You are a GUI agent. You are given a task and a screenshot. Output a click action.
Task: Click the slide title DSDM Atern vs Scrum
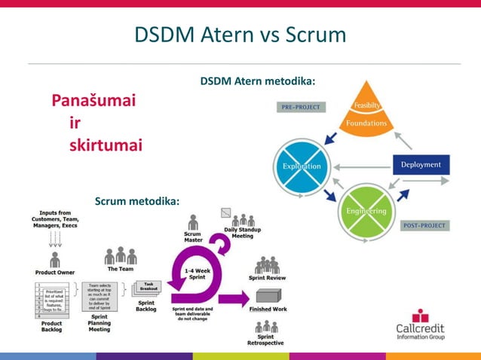(240, 35)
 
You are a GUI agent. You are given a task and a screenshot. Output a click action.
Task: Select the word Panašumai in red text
(93, 101)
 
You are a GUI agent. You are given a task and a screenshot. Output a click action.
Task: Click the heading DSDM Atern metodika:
(257, 81)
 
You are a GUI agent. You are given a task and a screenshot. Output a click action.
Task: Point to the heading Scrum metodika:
(137, 201)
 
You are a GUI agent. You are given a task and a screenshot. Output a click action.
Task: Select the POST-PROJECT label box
(424, 225)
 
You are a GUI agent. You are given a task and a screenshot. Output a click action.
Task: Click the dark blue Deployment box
(421, 165)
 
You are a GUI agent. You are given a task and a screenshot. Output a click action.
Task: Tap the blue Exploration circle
(302, 166)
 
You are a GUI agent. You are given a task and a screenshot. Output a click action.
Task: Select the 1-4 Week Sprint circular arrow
(198, 276)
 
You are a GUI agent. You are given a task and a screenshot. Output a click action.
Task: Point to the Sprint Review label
(267, 277)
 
